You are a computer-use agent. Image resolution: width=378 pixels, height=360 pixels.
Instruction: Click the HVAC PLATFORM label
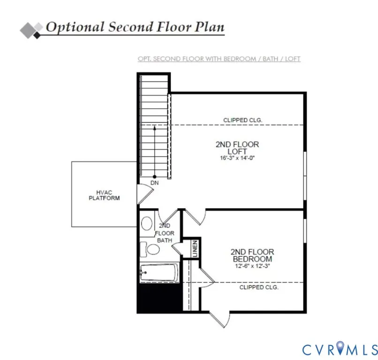click(104, 195)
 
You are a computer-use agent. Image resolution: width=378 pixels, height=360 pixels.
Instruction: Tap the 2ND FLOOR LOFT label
click(237, 148)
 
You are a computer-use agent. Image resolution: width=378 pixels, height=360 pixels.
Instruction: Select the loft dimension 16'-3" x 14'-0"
click(237, 158)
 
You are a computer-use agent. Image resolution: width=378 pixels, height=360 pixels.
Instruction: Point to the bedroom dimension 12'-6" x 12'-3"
click(252, 266)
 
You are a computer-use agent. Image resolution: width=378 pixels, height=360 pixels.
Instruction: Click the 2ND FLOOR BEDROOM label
click(252, 255)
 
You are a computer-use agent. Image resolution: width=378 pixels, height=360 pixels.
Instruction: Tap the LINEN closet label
click(195, 248)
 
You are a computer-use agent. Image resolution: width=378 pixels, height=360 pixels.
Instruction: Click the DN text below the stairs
click(154, 183)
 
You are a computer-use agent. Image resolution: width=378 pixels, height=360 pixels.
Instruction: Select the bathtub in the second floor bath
click(159, 272)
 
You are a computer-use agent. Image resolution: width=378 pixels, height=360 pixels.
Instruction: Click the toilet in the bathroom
click(150, 249)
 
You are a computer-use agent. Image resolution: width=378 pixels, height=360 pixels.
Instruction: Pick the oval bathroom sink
click(147, 224)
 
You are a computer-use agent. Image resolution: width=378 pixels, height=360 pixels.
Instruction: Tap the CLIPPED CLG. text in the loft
click(242, 120)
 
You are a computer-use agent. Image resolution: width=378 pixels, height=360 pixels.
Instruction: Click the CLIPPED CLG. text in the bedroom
click(259, 287)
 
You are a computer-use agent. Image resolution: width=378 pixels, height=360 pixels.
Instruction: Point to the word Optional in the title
click(75, 27)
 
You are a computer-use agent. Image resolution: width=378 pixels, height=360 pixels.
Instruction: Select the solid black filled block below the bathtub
click(159, 298)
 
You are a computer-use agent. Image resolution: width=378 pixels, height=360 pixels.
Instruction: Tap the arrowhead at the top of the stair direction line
click(154, 128)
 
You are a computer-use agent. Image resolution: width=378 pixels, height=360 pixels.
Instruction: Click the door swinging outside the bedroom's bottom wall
click(219, 320)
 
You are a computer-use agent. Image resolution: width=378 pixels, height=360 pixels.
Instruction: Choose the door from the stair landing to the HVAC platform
click(145, 194)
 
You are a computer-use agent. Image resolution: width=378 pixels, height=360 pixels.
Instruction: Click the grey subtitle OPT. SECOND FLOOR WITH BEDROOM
click(197, 59)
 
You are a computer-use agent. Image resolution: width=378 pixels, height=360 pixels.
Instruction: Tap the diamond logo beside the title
click(31, 30)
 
